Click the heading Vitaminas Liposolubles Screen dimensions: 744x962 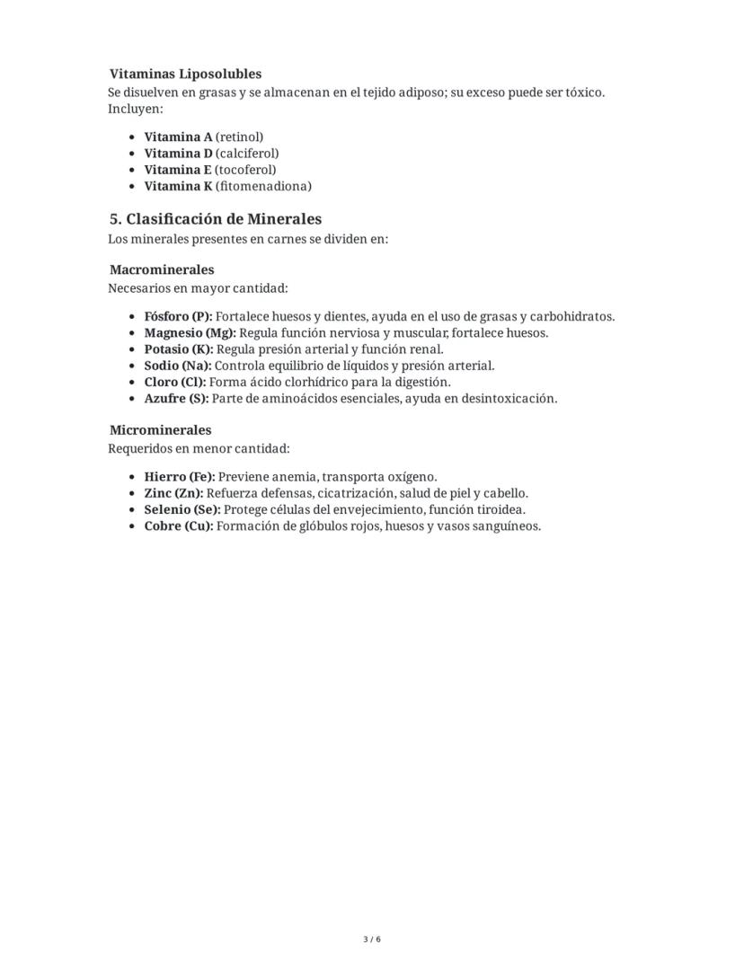click(185, 74)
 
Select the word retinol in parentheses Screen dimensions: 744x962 click(240, 137)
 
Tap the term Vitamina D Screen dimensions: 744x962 click(178, 154)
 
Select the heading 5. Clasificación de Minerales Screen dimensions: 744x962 click(215, 219)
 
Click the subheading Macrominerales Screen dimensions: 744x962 click(162, 269)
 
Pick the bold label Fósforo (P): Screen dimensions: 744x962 click(178, 317)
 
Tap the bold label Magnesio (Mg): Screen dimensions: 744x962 click(190, 333)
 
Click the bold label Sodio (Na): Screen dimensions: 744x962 click(178, 366)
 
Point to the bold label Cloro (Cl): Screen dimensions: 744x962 click(174, 382)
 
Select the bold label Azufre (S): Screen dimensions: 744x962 click(176, 398)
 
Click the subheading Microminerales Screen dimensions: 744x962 click(160, 430)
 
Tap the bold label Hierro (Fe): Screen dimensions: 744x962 click(180, 477)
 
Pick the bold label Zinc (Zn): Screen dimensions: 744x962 click(173, 493)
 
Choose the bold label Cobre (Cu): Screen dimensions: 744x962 click(179, 525)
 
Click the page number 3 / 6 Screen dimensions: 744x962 click(372, 940)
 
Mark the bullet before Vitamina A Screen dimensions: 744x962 click(132, 137)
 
